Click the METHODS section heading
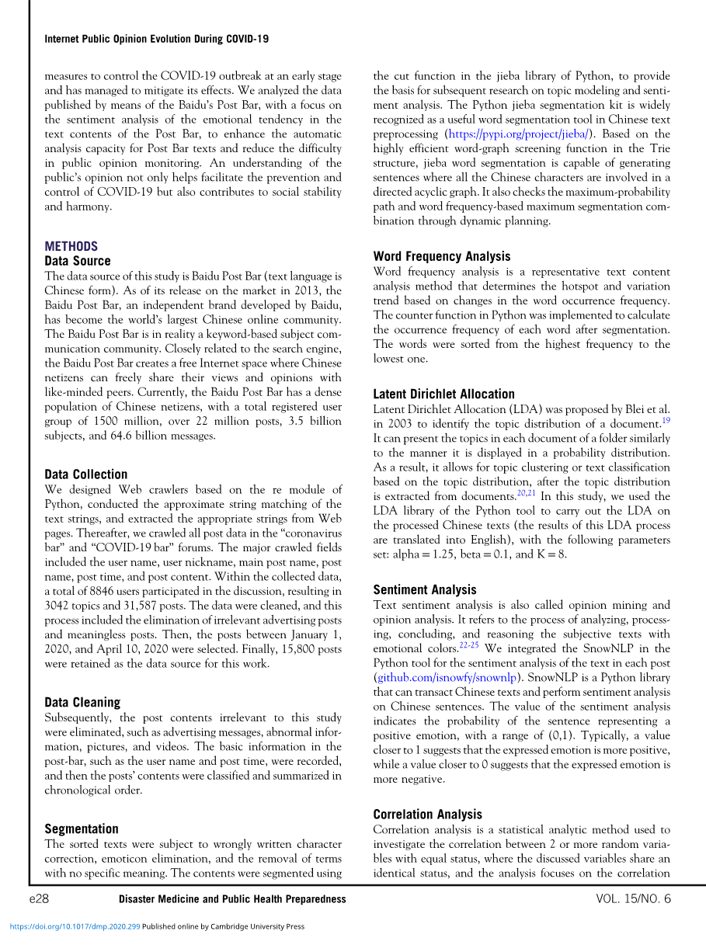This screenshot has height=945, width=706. click(71, 246)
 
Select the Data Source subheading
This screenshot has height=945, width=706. click(78, 261)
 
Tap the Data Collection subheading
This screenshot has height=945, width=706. click(85, 474)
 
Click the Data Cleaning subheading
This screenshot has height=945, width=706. click(82, 702)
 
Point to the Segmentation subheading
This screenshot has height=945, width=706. click(82, 829)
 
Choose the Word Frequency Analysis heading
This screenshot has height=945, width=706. click(442, 256)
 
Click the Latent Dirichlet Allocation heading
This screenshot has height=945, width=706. click(443, 394)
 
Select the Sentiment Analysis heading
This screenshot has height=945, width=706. click(425, 589)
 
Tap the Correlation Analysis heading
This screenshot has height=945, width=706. click(427, 814)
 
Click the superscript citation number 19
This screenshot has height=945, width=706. click(666, 420)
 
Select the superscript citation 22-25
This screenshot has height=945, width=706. click(470, 644)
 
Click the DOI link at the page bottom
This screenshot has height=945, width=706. click(73, 926)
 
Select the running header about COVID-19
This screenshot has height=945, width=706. click(157, 39)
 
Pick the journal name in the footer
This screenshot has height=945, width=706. click(232, 898)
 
